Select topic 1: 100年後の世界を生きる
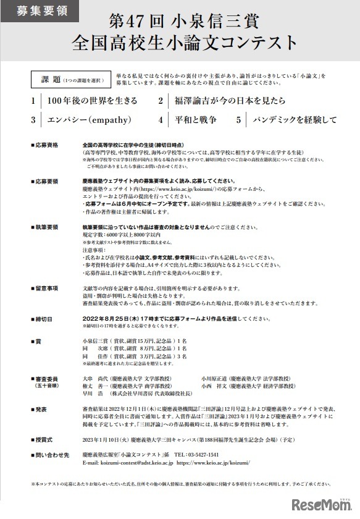(x=93, y=101)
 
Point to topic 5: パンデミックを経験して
(x=293, y=120)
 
